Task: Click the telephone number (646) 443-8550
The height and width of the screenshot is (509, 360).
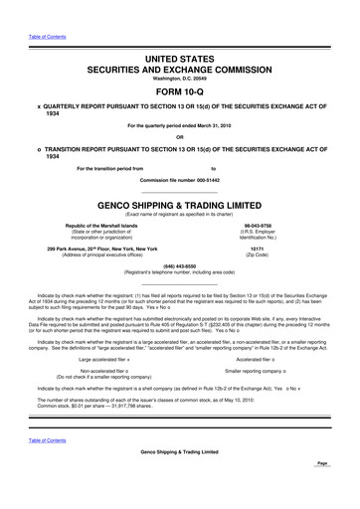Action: [180, 265]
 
